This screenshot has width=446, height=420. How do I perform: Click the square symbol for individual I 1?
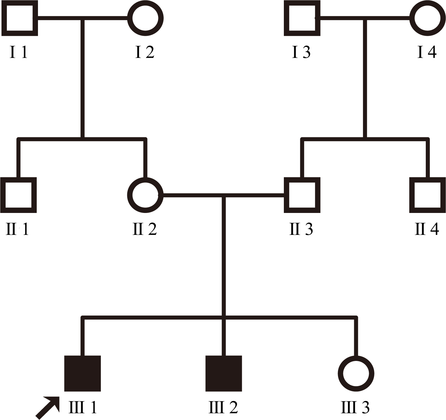[20, 18]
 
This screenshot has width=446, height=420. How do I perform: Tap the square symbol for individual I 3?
[302, 18]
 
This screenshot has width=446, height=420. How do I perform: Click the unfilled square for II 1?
[19, 195]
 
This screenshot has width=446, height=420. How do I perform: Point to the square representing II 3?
[302, 195]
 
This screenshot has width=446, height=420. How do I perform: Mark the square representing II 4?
[427, 195]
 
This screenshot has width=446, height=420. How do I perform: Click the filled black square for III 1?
[82, 373]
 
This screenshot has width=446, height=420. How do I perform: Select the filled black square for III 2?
[223, 373]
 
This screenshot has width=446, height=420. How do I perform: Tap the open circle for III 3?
[356, 373]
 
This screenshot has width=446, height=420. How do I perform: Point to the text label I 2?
[145, 52]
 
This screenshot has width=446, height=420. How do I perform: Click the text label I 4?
[427, 52]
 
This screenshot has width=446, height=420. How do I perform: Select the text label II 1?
[18, 229]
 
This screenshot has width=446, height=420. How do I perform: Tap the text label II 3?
[301, 229]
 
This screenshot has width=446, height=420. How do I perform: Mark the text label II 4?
[427, 229]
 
